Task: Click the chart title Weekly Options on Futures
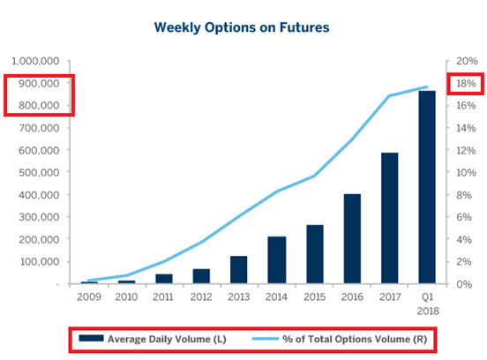tap(242, 27)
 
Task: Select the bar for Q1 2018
tap(427, 187)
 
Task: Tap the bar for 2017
tap(389, 218)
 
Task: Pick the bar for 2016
tap(352, 238)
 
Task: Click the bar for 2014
tap(277, 259)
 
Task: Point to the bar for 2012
tap(201, 276)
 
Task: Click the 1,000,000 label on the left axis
tap(35, 61)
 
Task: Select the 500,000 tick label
tap(39, 172)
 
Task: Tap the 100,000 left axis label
tap(40, 261)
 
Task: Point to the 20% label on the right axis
tap(467, 61)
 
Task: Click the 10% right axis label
tap(466, 172)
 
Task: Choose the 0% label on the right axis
tap(464, 284)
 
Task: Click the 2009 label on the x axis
tap(89, 297)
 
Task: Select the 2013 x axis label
tap(238, 297)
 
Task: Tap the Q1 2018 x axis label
tap(428, 304)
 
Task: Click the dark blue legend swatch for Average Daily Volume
tap(91, 338)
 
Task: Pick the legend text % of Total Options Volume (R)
tap(355, 339)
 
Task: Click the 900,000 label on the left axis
tap(39, 83)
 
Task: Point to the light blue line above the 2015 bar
tap(314, 176)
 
